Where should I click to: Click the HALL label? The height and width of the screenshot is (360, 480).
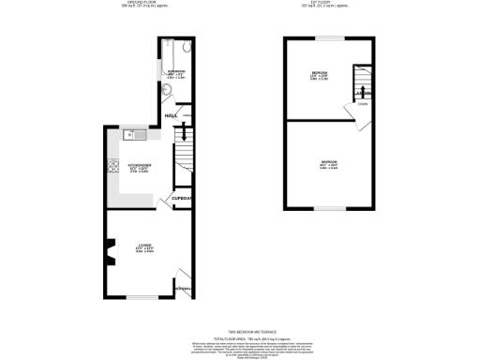coord(172,115)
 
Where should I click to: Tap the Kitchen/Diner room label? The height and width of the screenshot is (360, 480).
coord(139,168)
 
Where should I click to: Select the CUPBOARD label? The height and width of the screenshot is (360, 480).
coord(182,199)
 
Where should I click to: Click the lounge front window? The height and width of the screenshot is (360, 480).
coord(142,297)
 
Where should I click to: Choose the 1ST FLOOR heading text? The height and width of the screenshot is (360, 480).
coord(332,4)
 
